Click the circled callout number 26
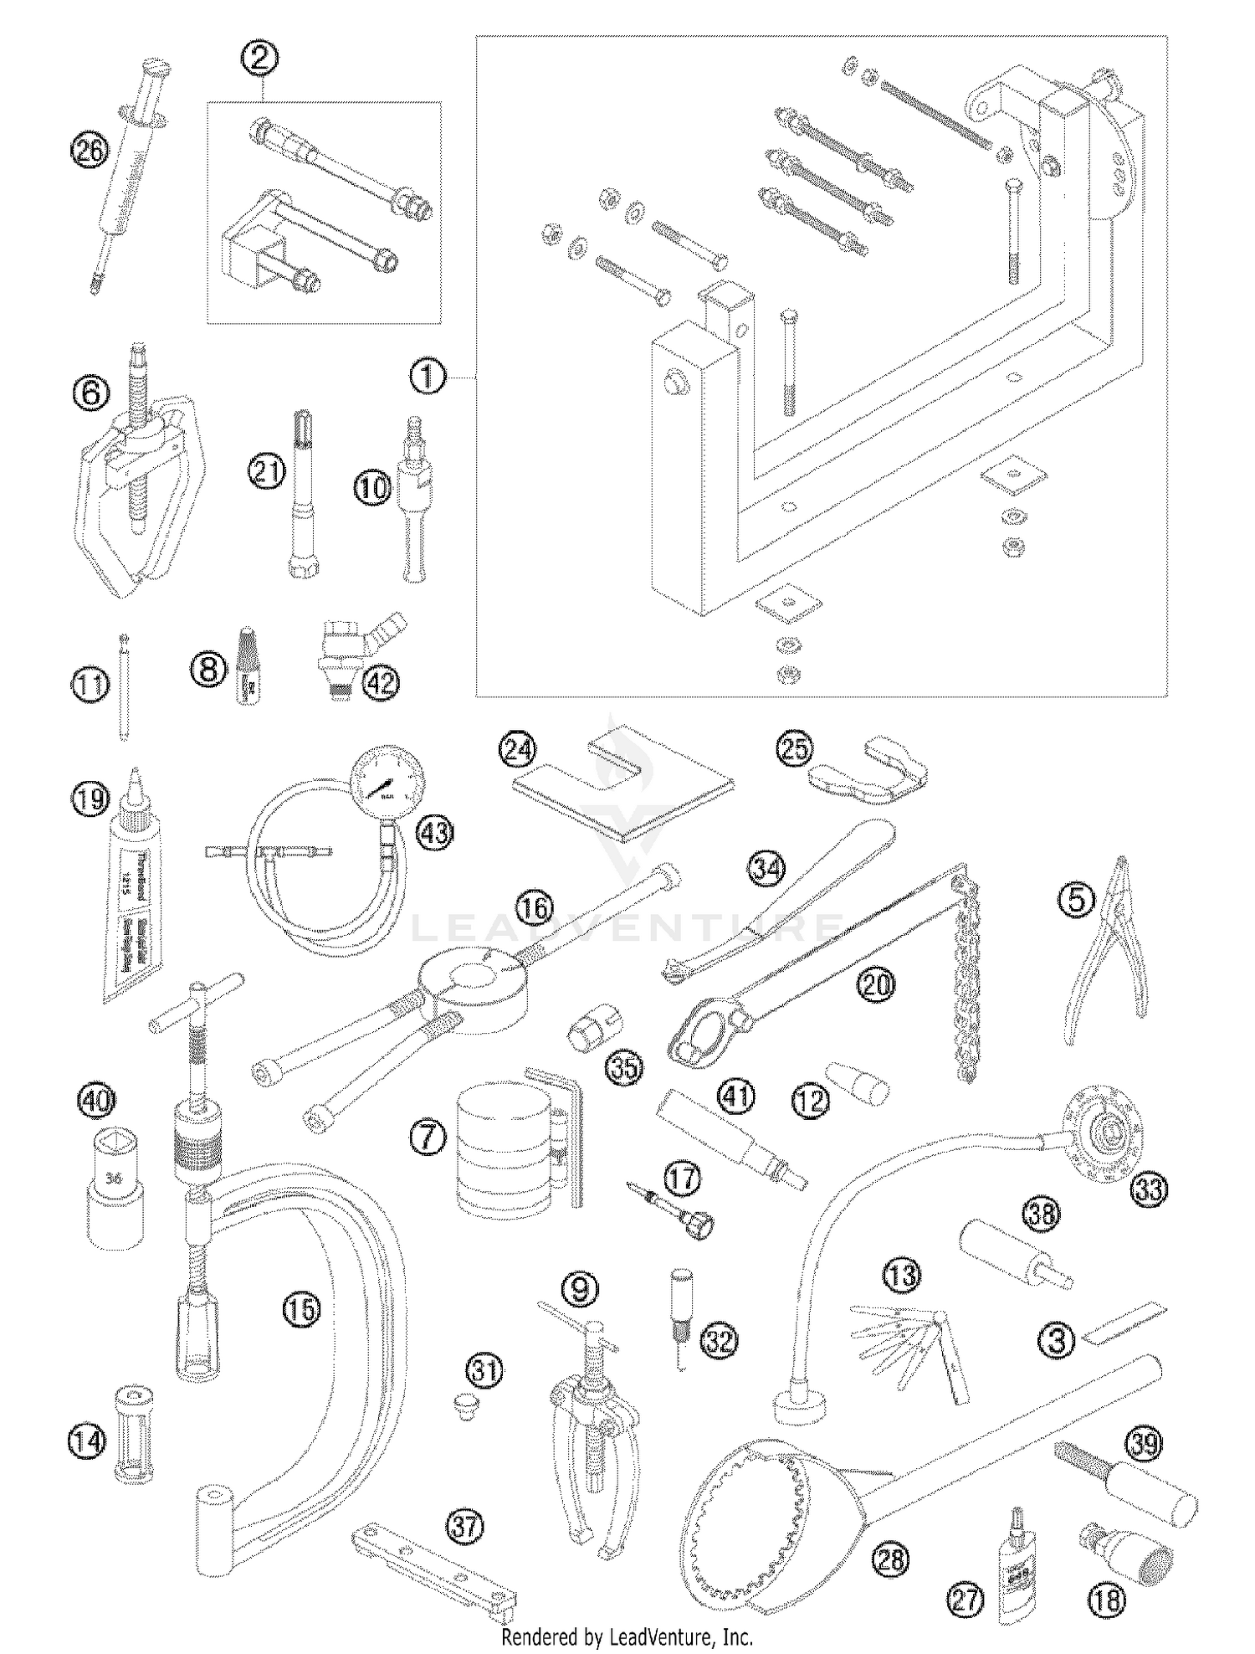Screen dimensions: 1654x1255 [x=90, y=151]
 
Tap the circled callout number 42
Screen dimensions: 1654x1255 [x=380, y=683]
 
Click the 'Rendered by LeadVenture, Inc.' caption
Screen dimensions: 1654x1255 [x=627, y=1636]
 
